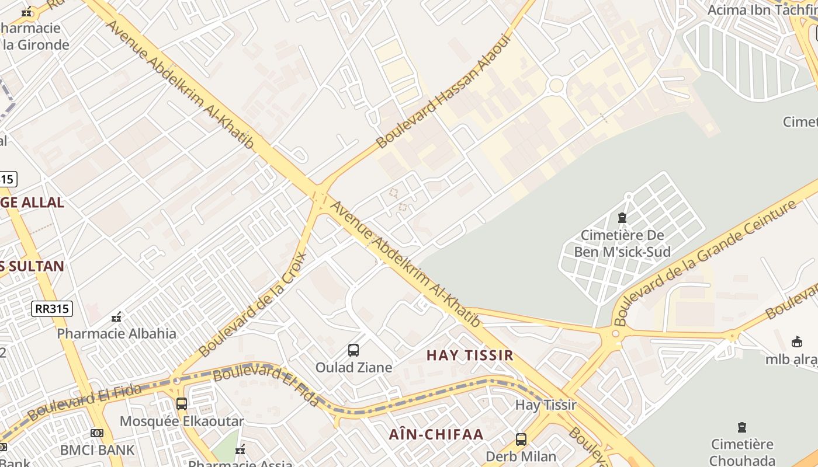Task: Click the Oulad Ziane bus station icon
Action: pyautogui.click(x=353, y=350)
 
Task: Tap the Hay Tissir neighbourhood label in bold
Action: pyautogui.click(x=470, y=355)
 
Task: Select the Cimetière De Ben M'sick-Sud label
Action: pyautogui.click(x=622, y=244)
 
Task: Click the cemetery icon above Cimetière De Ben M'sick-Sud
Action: pyautogui.click(x=622, y=218)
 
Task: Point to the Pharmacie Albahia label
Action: pyautogui.click(x=116, y=334)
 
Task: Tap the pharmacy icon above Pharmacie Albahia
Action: pyautogui.click(x=116, y=317)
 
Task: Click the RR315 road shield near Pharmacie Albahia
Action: pyautogui.click(x=52, y=309)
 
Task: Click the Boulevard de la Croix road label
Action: pyautogui.click(x=253, y=304)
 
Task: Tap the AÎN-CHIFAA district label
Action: pyautogui.click(x=436, y=434)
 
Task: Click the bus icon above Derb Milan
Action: pyautogui.click(x=521, y=439)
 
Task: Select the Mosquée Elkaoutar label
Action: pyautogui.click(x=181, y=421)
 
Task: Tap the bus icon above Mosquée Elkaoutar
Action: pyautogui.click(x=182, y=403)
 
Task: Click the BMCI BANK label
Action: pyautogui.click(x=98, y=450)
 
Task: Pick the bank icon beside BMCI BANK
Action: pyautogui.click(x=97, y=433)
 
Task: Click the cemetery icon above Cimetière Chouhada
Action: pyautogui.click(x=742, y=427)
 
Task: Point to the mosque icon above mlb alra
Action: pyautogui.click(x=796, y=341)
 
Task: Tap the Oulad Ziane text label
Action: pyautogui.click(x=353, y=367)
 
